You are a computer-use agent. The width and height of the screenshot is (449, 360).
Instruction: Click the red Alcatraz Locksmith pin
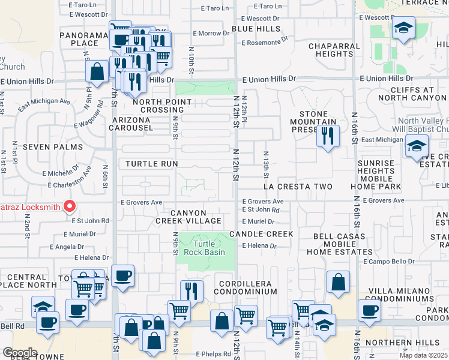coord(69,206)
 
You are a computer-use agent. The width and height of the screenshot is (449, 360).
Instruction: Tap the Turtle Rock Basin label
coord(209,247)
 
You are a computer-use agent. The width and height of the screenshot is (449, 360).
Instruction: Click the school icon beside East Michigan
coord(416,146)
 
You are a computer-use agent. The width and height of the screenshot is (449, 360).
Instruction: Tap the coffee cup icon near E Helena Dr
coord(122,276)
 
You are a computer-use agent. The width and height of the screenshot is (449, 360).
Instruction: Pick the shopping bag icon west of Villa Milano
coord(339,282)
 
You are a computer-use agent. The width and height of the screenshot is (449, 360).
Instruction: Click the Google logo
coord(20,353)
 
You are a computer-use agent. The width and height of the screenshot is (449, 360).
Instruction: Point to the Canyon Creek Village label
coord(189,217)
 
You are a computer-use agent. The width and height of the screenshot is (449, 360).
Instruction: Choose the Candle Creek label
coord(261,234)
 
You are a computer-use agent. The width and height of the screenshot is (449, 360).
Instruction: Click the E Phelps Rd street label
coord(212,354)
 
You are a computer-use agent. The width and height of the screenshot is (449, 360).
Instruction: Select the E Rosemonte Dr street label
coord(267,42)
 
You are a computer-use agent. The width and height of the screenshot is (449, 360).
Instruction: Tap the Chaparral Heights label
coord(334,50)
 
